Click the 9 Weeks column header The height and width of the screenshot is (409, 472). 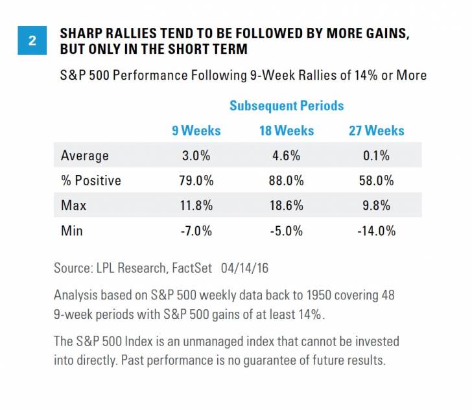[x=196, y=131]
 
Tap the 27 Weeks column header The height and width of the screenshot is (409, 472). [x=376, y=131]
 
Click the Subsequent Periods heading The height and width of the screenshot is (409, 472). [x=286, y=105]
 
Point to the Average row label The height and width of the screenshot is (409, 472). [x=84, y=156]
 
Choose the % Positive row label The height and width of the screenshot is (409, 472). [x=91, y=181]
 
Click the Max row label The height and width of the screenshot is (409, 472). [x=73, y=205]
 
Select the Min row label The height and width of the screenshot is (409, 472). [x=72, y=230]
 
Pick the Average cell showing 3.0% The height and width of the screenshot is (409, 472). [x=196, y=156]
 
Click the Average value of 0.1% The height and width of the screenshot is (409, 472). [x=376, y=156]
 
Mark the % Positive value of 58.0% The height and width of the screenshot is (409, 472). [x=376, y=181]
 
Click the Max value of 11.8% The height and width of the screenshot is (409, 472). [x=196, y=205]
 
